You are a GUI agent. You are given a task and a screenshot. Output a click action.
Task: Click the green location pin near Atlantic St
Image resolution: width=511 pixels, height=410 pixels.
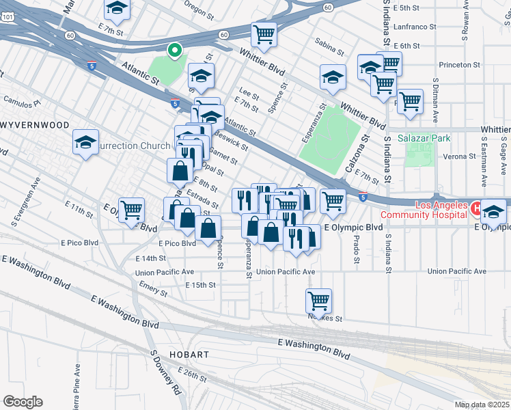tap(174, 49)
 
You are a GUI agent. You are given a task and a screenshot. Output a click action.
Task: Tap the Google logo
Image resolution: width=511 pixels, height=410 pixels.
tap(23, 402)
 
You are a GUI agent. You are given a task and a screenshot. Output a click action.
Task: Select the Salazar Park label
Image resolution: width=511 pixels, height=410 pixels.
tap(428, 138)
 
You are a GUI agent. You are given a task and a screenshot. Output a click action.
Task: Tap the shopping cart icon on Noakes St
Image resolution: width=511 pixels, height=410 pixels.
tap(318, 299)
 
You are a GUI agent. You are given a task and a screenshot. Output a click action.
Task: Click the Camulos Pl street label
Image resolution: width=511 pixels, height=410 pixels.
tap(22, 102)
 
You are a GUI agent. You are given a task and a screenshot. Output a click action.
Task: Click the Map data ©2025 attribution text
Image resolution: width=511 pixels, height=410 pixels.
tap(482, 405)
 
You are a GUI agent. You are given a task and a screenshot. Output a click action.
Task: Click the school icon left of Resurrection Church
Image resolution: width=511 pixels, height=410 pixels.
tap(85, 141)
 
